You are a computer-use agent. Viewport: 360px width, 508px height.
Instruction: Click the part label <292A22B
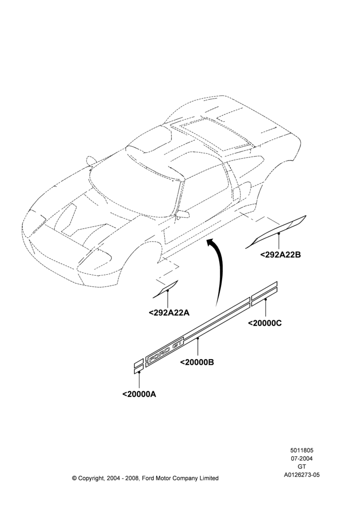(281, 255)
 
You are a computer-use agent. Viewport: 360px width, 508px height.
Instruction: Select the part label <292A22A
(169, 312)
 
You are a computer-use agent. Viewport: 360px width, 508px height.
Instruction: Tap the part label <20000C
(265, 323)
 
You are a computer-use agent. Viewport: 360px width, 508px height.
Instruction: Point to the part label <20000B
(197, 362)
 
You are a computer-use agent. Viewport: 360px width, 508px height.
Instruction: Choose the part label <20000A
(139, 394)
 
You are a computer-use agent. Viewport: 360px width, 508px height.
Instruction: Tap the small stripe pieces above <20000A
(139, 366)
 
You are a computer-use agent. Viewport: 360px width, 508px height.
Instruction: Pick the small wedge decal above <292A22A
(166, 289)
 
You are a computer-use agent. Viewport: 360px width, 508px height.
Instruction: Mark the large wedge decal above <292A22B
(276, 232)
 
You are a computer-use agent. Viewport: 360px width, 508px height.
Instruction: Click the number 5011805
(302, 450)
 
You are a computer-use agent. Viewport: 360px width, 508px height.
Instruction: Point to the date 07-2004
(302, 458)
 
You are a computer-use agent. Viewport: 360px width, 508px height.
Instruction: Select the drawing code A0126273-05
(302, 475)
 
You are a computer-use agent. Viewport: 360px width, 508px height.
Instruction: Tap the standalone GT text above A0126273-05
(302, 467)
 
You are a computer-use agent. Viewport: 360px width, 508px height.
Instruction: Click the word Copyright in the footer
(91, 478)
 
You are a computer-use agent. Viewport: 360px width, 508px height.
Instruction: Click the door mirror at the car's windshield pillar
(182, 214)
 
